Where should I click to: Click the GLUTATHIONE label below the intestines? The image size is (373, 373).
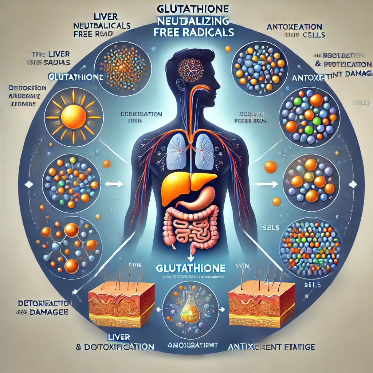pyautogui.click(x=190, y=268)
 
